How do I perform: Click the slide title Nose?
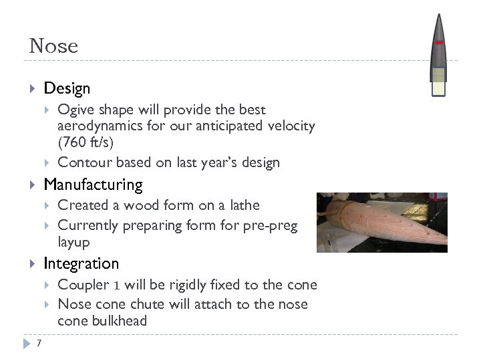point(53,46)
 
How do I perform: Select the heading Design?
point(67,88)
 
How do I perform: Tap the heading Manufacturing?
point(93,184)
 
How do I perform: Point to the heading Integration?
point(81,263)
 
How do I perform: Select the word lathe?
point(243,205)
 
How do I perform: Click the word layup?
point(73,241)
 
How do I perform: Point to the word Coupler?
point(83,285)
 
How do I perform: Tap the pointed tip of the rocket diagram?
point(438,16)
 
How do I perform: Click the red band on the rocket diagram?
point(438,43)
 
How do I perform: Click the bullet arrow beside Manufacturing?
point(33,185)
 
